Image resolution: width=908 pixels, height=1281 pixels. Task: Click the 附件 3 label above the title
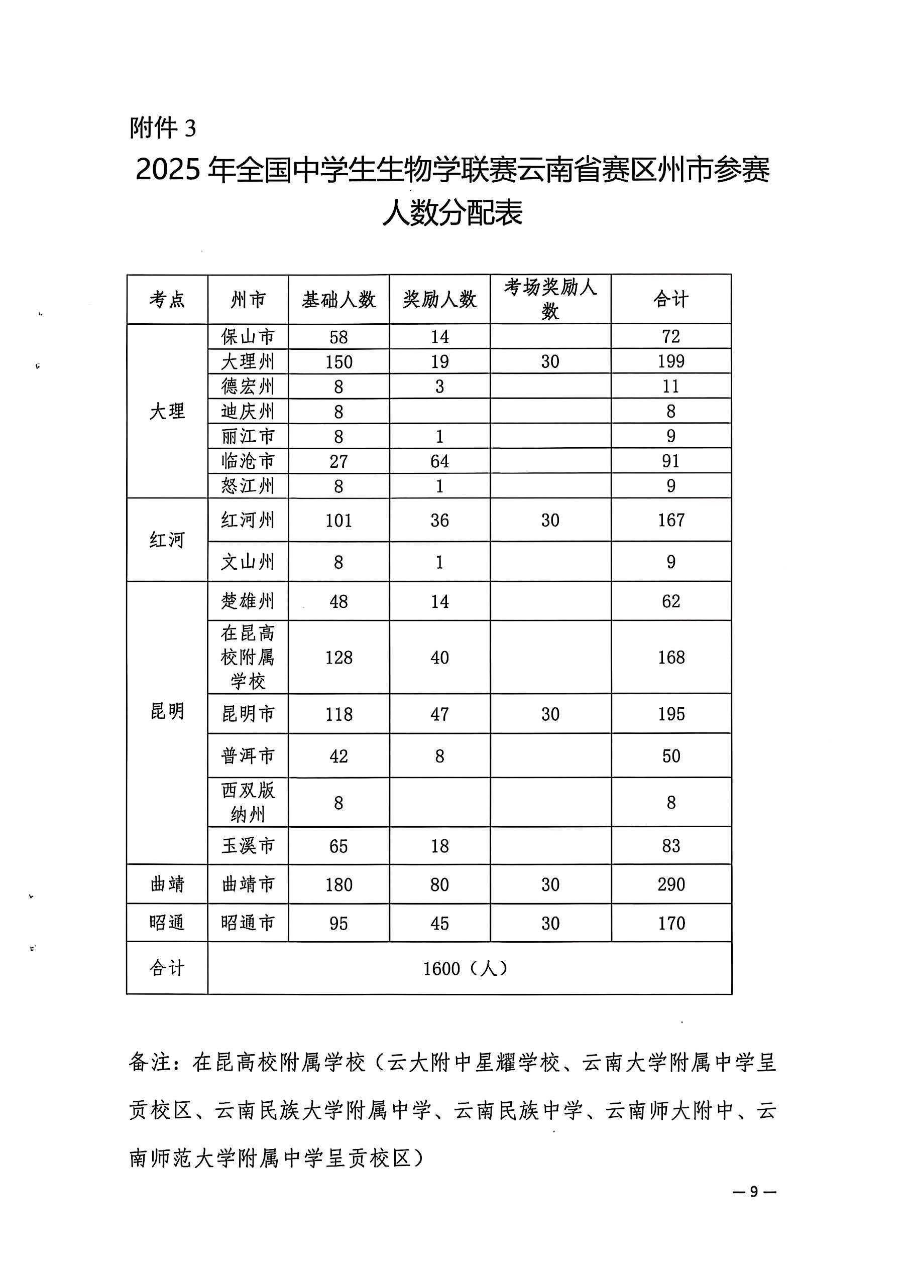pos(163,129)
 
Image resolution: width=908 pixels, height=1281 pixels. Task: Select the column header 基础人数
pos(338,300)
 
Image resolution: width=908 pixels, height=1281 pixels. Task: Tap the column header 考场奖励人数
pos(550,299)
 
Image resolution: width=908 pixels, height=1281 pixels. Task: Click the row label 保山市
pos(248,336)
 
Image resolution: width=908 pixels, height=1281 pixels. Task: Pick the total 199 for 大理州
pos(670,361)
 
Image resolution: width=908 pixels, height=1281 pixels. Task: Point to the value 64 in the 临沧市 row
pos(439,461)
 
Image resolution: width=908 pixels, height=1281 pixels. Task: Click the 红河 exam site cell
pos(167,540)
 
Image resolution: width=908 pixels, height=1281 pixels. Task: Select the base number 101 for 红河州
pos(338,521)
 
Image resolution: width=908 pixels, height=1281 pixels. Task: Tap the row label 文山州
pos(248,562)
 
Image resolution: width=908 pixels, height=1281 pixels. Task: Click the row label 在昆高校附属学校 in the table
pos(248,657)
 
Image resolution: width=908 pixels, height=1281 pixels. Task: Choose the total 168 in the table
pos(670,657)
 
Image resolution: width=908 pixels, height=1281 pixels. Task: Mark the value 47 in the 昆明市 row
pos(439,714)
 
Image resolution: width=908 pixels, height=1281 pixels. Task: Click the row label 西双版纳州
pos(248,802)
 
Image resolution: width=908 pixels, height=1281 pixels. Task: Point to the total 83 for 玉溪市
pos(670,846)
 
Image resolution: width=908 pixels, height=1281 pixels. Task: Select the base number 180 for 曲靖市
pos(338,884)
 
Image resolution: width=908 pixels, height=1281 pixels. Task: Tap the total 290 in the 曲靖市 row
pos(670,884)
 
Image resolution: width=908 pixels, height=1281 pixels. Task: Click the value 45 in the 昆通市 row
pos(439,923)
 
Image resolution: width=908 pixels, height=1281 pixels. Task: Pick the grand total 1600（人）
pos(465,968)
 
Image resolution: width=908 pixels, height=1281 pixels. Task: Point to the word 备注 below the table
pos(149,1062)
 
